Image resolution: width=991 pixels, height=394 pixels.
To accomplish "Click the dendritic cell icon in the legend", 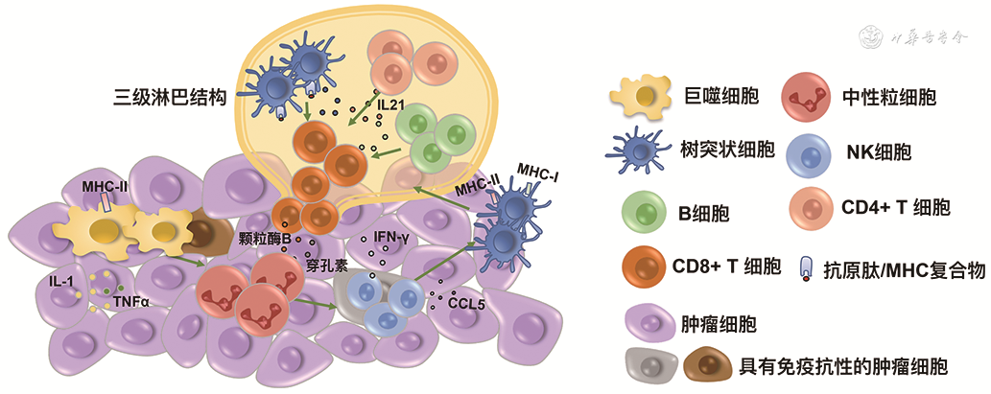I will [642, 149].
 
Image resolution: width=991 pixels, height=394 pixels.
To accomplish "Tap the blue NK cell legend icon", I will [807, 151].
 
